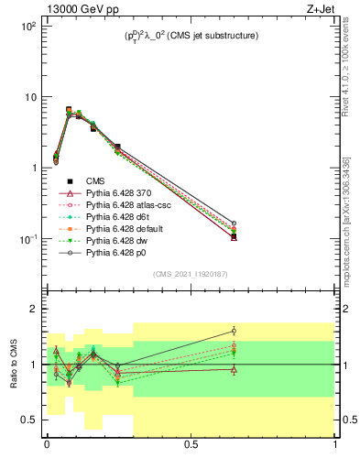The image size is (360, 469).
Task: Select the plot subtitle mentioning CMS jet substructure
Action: [191, 36]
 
